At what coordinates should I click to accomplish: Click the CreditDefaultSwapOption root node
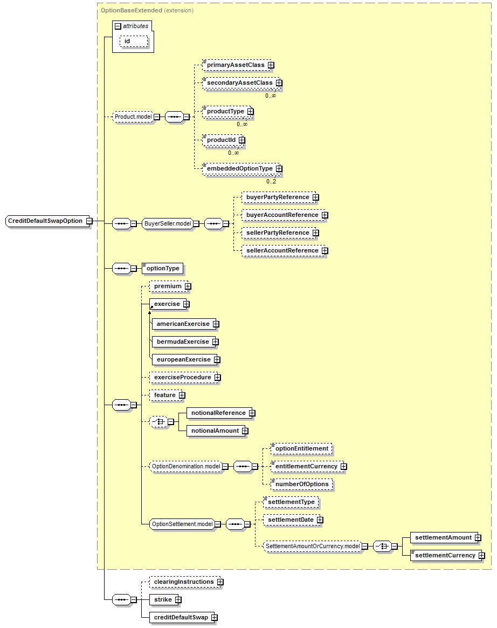(x=45, y=221)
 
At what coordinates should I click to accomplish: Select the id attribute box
(x=133, y=41)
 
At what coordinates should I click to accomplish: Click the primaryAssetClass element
(x=235, y=65)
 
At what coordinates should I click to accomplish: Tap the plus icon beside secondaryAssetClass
(x=279, y=83)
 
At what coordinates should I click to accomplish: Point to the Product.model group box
(x=133, y=117)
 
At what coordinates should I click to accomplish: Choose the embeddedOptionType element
(x=239, y=169)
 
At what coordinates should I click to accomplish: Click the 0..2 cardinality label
(x=271, y=181)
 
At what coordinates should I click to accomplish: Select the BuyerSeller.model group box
(x=168, y=224)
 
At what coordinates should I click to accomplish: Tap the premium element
(x=168, y=286)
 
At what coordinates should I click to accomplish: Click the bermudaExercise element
(x=182, y=342)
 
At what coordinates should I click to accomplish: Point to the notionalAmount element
(x=215, y=431)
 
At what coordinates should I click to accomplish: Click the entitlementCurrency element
(x=306, y=466)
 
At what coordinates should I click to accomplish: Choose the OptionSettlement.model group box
(x=181, y=524)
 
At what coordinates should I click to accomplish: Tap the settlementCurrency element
(x=445, y=555)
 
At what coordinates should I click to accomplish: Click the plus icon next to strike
(x=178, y=600)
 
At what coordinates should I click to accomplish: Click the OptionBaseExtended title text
(x=132, y=10)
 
